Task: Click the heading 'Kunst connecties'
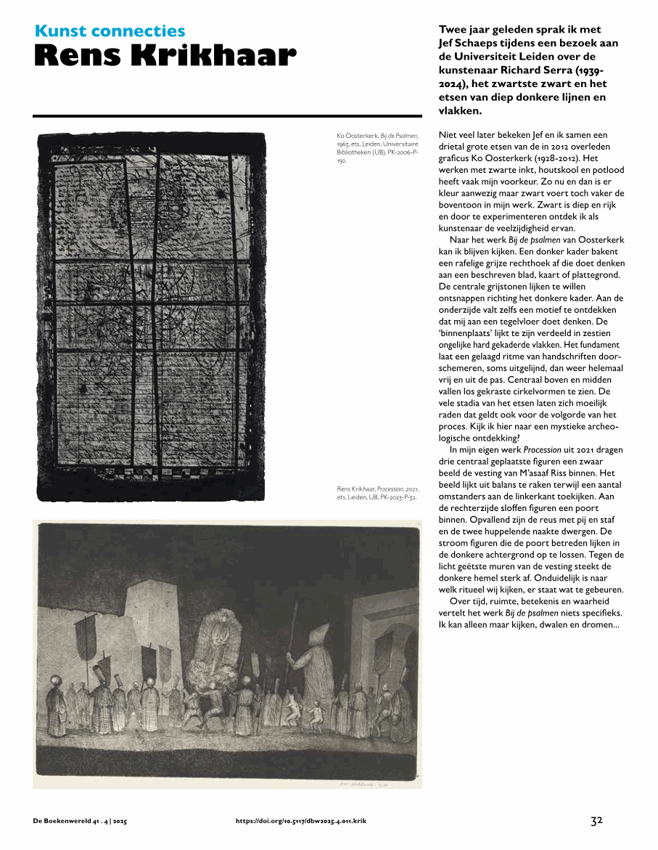pos(110,31)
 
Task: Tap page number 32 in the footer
pos(596,821)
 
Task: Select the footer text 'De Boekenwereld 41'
pos(68,822)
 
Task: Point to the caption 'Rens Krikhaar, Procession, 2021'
pos(377,493)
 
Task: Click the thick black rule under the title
pos(227,116)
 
